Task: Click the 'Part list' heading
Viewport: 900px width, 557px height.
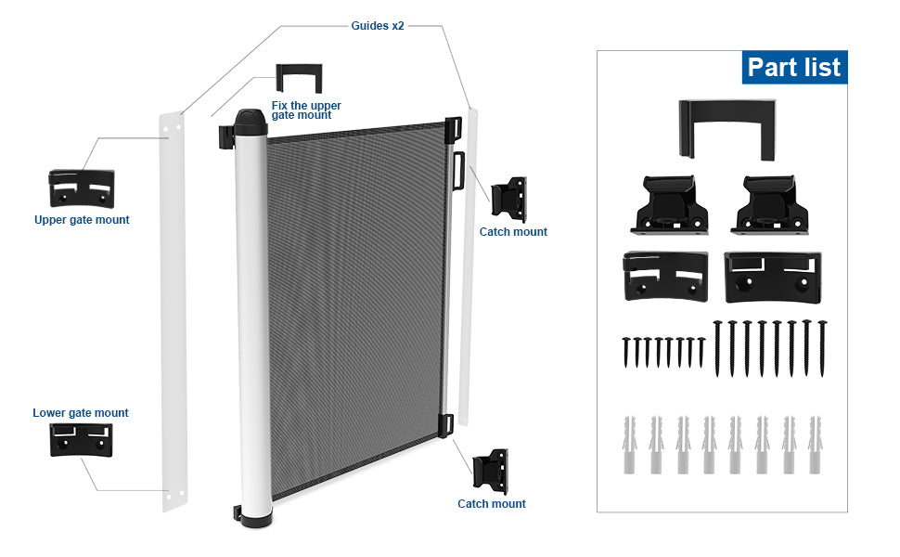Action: (x=793, y=67)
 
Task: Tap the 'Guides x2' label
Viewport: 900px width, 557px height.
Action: (x=377, y=26)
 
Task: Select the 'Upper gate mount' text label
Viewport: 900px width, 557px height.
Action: (x=82, y=220)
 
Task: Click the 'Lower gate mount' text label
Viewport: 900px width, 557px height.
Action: (x=81, y=413)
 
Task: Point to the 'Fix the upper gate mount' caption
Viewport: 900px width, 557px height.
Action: (x=306, y=110)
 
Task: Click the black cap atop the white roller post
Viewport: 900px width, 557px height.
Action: (x=251, y=121)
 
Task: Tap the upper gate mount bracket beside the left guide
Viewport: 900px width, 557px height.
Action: (x=82, y=188)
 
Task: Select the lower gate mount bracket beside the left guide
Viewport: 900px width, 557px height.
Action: (x=81, y=440)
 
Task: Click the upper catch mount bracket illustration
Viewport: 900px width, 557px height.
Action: (x=508, y=197)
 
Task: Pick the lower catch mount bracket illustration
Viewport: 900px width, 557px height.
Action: (x=492, y=470)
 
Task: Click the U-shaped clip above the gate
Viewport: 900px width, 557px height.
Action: (x=299, y=77)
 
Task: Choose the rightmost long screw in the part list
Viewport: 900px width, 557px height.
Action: (x=821, y=347)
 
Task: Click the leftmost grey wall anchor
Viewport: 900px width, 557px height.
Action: (x=628, y=444)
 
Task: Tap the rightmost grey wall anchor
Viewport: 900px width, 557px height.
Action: (x=816, y=444)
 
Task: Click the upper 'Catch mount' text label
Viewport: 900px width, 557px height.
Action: (x=513, y=232)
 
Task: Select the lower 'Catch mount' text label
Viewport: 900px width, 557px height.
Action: (x=492, y=504)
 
